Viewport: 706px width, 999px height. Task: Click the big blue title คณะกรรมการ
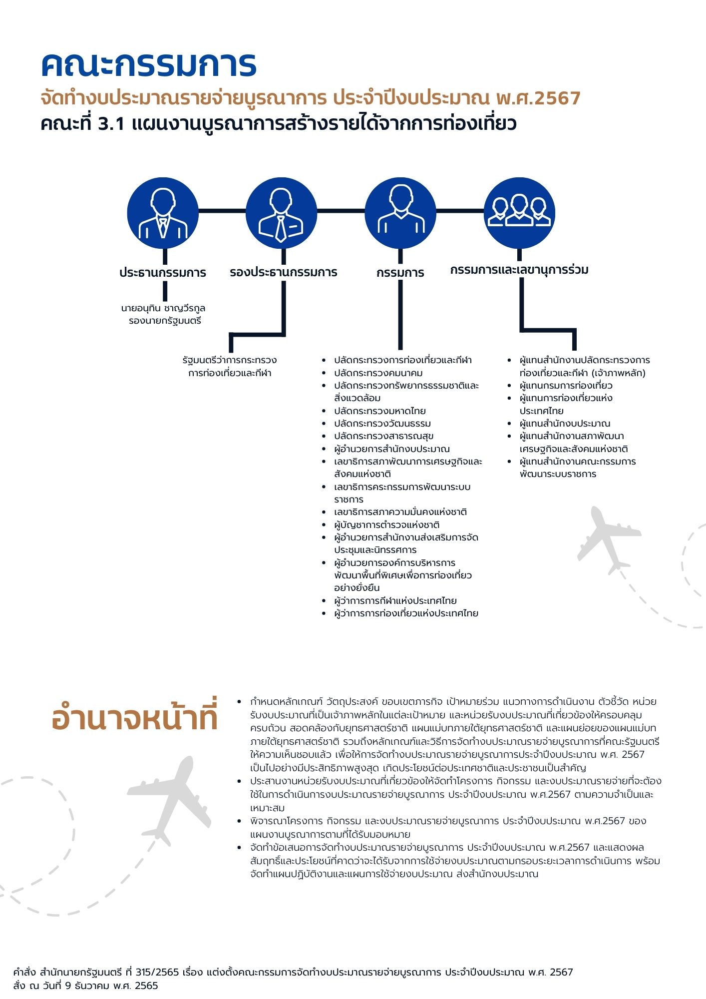[149, 65]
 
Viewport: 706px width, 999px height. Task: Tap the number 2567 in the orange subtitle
[557, 98]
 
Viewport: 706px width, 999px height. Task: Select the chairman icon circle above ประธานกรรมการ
[163, 213]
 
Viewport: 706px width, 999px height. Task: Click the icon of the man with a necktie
[281, 213]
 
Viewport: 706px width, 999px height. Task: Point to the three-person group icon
[519, 213]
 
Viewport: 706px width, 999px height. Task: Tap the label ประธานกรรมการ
[163, 273]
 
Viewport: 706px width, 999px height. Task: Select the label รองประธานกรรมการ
[283, 273]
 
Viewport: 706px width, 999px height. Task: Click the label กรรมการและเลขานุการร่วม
[519, 270]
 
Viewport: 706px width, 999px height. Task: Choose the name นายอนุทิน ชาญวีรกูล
[163, 308]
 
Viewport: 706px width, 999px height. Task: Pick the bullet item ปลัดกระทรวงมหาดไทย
[379, 411]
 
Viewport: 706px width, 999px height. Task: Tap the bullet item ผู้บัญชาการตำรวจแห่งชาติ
[386, 525]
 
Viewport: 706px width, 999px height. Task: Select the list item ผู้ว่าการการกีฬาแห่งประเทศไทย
[395, 601]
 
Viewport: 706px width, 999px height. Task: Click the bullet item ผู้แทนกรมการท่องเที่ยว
[566, 386]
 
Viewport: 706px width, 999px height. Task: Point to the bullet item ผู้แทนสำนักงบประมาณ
[565, 424]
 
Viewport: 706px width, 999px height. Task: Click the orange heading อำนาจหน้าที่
[135, 717]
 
